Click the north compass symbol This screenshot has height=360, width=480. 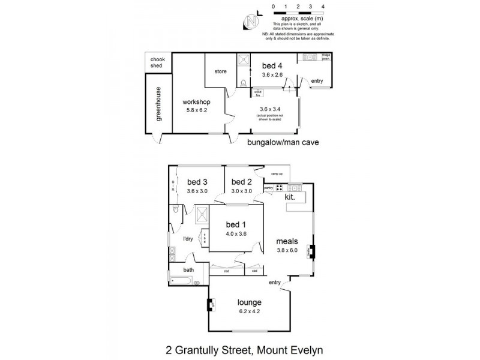(x=250, y=22)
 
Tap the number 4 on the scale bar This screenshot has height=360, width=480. (x=323, y=6)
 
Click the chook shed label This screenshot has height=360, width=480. (x=157, y=62)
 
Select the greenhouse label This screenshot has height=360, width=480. (x=159, y=104)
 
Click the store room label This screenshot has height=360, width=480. (x=220, y=72)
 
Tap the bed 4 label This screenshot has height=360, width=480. (x=272, y=66)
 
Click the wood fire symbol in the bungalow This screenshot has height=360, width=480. (x=258, y=93)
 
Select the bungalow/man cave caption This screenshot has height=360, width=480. (x=282, y=143)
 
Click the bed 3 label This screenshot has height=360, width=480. (x=197, y=182)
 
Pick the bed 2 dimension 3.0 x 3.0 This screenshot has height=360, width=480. (x=241, y=191)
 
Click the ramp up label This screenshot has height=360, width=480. (x=277, y=173)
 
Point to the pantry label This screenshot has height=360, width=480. (x=269, y=188)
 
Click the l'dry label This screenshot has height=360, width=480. (x=188, y=239)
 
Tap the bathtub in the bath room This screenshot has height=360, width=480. (x=183, y=280)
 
